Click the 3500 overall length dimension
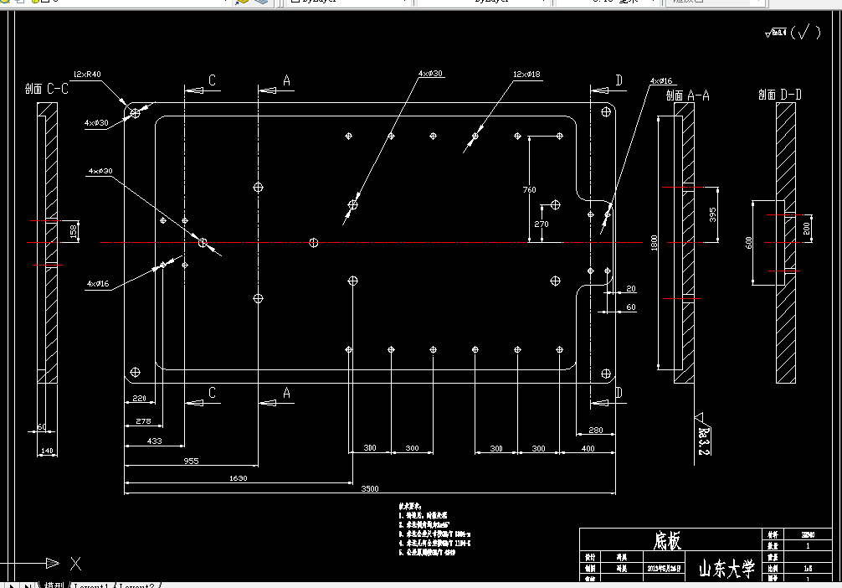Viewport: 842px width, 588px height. coord(369,488)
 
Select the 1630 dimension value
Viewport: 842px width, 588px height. coord(238,477)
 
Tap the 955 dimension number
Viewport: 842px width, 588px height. coord(191,461)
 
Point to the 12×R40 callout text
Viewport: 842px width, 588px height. coord(87,75)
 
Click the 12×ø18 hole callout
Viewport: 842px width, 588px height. coord(527,75)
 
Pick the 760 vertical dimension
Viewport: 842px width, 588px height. coord(529,190)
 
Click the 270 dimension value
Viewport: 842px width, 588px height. coord(541,224)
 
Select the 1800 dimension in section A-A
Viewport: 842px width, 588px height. coord(655,243)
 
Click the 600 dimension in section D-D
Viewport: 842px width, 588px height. coord(749,242)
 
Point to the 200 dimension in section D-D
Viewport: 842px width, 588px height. coord(807,228)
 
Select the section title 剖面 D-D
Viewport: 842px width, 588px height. coord(780,95)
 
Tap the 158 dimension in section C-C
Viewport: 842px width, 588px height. coord(72,231)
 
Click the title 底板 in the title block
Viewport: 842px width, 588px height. coord(667,541)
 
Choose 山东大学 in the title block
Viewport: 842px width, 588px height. coord(726,570)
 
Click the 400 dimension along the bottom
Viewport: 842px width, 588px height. coord(588,449)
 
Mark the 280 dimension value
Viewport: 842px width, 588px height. coord(595,430)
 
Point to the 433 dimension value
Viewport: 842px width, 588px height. coord(155,441)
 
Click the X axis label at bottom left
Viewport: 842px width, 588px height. coord(75,563)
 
